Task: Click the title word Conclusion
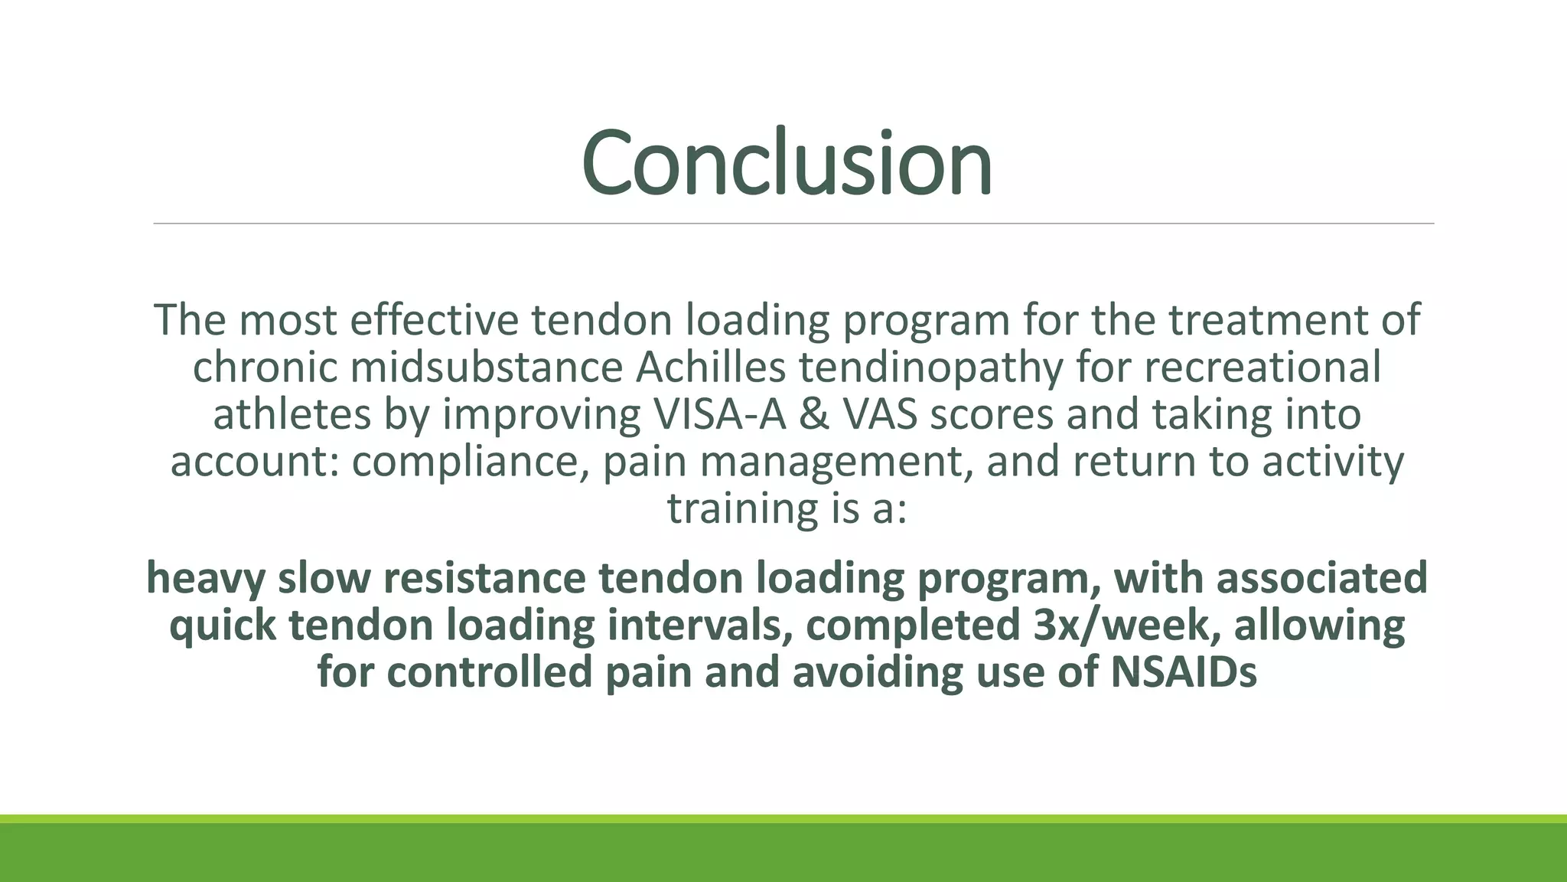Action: point(787,163)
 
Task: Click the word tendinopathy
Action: point(931,368)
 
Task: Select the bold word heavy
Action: point(205,578)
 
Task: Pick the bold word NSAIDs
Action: point(1183,671)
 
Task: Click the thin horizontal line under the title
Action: point(793,224)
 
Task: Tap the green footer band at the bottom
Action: point(783,851)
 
